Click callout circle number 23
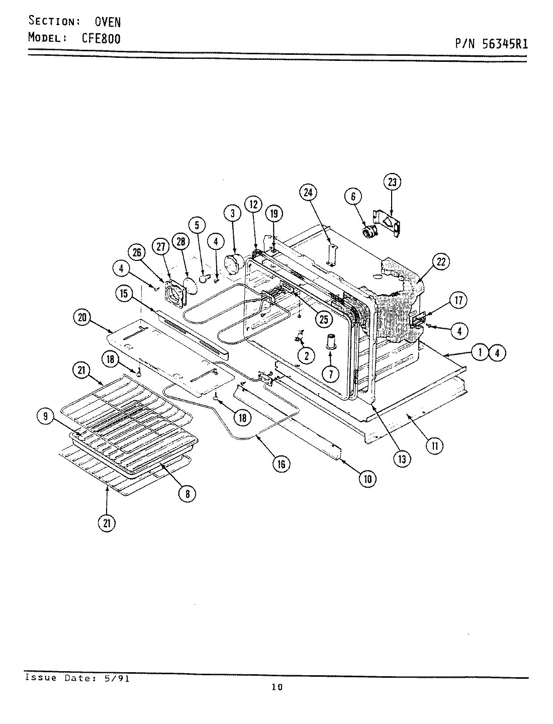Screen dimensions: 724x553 [393, 182]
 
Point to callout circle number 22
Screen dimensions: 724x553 [440, 261]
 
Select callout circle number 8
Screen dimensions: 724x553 [187, 494]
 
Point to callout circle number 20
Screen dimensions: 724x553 [82, 317]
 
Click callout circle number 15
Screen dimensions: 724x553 [124, 294]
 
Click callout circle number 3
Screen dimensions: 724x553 [232, 213]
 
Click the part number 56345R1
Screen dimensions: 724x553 [505, 44]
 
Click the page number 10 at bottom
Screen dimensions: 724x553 [276, 688]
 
